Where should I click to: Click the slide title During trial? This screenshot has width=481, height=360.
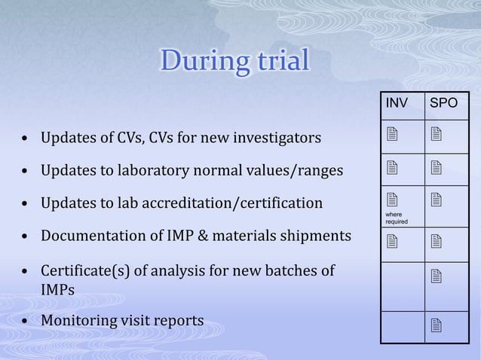pos(234,62)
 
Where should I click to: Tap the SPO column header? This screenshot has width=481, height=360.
pos(443,102)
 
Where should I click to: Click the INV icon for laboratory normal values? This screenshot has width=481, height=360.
pos(391,171)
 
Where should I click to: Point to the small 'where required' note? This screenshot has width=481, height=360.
pos(396,218)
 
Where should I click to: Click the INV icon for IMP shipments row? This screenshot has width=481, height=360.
pos(391,241)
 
